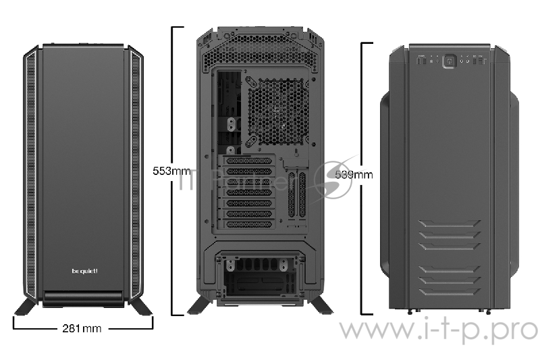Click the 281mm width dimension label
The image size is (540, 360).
(x=82, y=329)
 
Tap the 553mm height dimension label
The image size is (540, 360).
(x=172, y=171)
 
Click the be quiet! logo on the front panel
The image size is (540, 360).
(x=84, y=271)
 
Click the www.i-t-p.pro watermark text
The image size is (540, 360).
(x=438, y=330)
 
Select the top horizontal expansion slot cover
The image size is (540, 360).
(x=248, y=161)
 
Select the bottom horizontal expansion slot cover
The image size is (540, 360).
(x=248, y=224)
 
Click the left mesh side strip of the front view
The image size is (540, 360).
(x=32, y=172)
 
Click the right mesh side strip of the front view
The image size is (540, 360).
(x=136, y=172)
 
